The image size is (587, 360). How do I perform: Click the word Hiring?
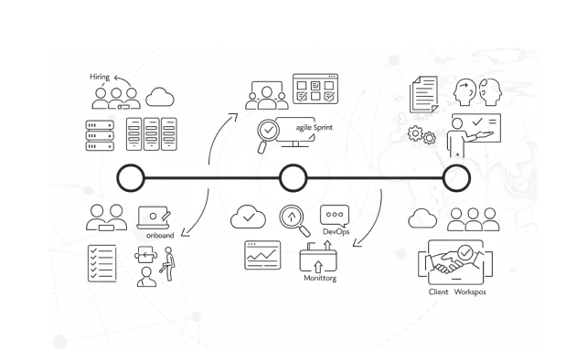click(x=100, y=77)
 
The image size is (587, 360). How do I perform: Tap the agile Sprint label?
click(x=315, y=128)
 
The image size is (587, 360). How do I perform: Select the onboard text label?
click(x=160, y=236)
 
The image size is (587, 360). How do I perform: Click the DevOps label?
click(x=336, y=232)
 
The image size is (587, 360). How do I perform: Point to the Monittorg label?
click(x=320, y=278)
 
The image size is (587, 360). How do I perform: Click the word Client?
click(x=438, y=291)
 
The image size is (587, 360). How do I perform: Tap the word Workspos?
click(x=470, y=291)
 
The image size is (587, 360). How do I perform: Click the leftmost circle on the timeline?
click(x=131, y=178)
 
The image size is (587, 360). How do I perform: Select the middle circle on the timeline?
click(x=293, y=178)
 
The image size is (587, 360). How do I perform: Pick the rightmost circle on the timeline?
click(x=456, y=178)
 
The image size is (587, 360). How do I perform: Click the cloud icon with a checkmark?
click(x=248, y=217)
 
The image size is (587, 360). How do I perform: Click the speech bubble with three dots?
click(x=335, y=215)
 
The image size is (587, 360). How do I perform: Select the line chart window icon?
click(x=262, y=255)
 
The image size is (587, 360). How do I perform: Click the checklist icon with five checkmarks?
click(x=102, y=263)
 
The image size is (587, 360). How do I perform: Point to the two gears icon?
click(x=422, y=135)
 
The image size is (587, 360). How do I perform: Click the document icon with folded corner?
click(x=423, y=94)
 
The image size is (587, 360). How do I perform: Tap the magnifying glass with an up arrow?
click(x=294, y=220)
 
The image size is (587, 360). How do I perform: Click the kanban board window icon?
click(x=315, y=89)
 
